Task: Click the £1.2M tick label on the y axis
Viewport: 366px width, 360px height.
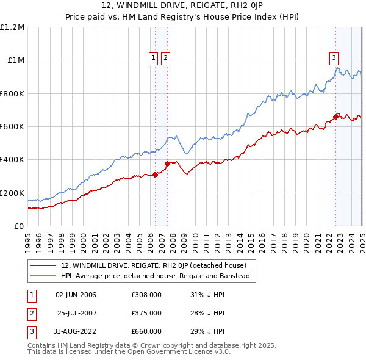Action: coord(12,27)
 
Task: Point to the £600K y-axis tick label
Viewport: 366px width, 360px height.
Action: coord(12,127)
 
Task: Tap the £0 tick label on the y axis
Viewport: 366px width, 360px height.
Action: coord(19,226)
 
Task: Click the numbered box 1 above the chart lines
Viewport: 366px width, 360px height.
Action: coord(152,58)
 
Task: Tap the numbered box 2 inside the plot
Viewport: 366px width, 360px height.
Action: coord(165,58)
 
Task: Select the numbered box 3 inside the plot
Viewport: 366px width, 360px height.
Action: coord(334,58)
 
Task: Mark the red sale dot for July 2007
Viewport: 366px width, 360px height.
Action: coord(167,164)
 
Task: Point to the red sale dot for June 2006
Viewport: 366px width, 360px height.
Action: coord(155,175)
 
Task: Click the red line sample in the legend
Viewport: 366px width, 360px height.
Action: coord(43,266)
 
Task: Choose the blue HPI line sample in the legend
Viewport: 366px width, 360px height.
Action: coord(43,276)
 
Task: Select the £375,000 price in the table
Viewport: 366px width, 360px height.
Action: coord(146,313)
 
